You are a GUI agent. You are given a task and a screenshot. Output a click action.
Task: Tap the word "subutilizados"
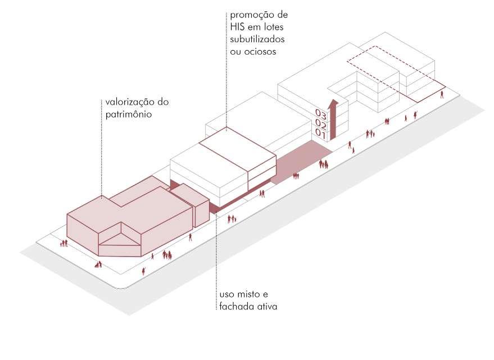(257, 40)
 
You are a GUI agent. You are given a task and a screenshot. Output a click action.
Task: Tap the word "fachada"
(234, 307)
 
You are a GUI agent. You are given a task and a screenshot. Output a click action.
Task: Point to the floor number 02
(321, 123)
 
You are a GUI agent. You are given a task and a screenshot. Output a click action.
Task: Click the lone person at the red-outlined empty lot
(442, 94)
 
